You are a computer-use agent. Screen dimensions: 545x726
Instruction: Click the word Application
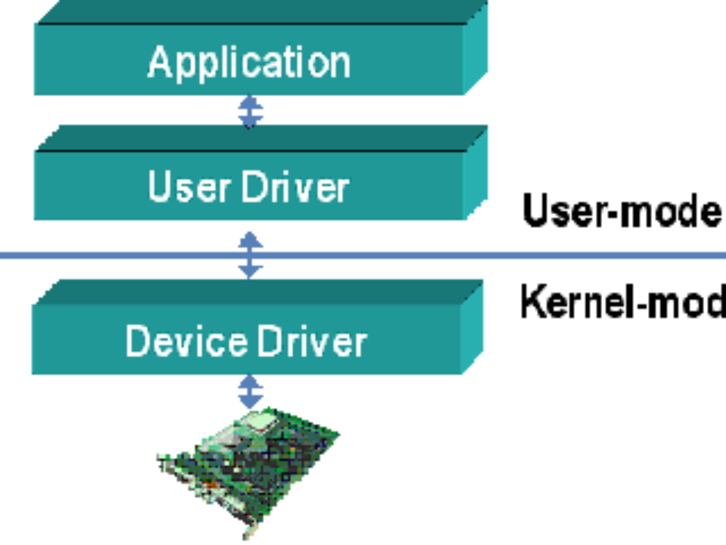249,62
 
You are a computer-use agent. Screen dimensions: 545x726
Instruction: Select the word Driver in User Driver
296,187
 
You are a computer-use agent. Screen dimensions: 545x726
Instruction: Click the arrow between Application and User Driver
250,111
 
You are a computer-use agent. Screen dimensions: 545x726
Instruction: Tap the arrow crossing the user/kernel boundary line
250,254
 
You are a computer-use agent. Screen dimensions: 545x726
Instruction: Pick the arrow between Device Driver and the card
250,391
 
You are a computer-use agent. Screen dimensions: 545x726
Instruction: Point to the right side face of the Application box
476,51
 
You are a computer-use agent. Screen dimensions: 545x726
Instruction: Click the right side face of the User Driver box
476,176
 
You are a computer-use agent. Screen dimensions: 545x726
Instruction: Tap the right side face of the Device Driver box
472,330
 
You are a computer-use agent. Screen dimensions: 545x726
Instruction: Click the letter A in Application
159,62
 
